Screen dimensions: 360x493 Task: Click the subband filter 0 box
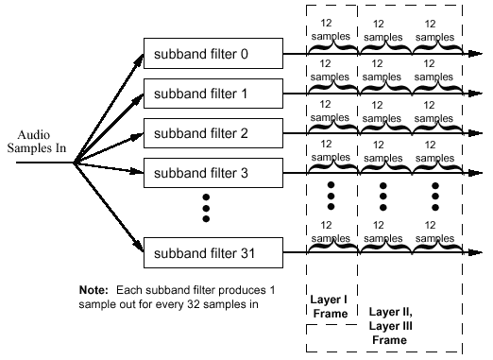(x=212, y=55)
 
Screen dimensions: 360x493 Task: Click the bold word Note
(x=94, y=287)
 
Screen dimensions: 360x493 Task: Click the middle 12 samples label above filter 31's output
(x=383, y=231)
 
